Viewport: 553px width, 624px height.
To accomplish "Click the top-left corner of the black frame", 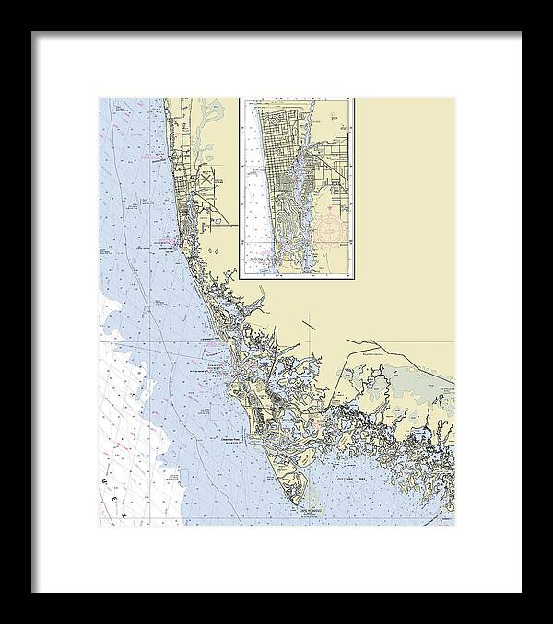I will pyautogui.click(x=33, y=33).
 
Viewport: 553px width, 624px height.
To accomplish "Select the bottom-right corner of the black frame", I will pyautogui.click(x=520, y=591).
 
